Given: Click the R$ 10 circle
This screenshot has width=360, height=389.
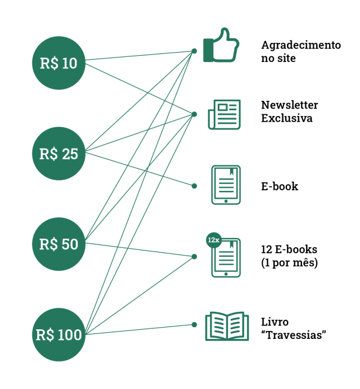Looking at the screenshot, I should [58, 63].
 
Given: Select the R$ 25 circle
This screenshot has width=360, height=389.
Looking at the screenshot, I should [58, 154].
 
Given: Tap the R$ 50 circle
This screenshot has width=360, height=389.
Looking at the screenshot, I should [58, 244].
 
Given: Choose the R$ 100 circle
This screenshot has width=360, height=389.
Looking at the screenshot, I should [58, 335].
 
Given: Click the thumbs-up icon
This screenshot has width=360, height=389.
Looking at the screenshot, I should [221, 46].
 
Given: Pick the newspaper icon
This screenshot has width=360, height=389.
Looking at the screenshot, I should [224, 114].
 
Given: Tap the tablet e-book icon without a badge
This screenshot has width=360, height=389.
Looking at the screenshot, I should [226, 185].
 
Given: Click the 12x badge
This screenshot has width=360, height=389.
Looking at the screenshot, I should [213, 240].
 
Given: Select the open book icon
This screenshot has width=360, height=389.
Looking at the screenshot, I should [227, 326].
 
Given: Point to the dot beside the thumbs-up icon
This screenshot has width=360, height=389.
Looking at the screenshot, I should [194, 51].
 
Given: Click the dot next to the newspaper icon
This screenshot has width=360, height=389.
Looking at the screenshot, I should [194, 114].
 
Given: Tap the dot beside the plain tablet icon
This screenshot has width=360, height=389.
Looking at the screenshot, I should [194, 186].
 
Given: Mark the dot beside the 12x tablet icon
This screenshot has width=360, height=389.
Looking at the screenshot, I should [194, 257].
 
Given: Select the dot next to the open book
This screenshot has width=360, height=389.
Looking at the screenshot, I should [194, 324].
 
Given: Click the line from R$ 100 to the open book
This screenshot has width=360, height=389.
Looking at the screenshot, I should [141, 329].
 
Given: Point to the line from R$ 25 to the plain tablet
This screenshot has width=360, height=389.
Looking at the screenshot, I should [141, 169].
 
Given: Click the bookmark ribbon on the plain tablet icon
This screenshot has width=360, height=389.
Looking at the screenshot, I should [231, 172].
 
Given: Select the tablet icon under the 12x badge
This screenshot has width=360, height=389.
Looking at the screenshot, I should [227, 259].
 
